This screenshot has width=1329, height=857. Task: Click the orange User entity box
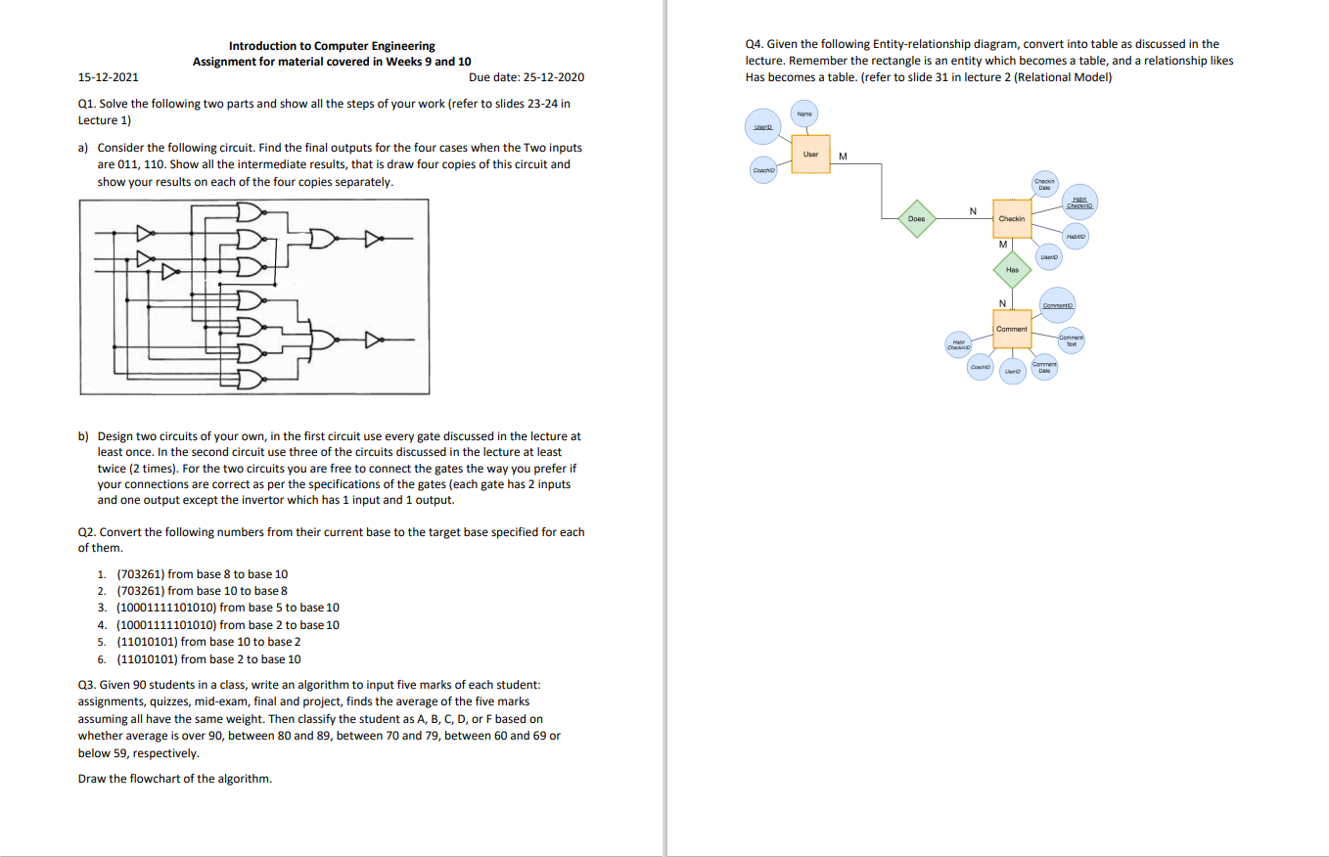[x=810, y=155]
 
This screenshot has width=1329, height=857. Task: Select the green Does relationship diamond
[x=916, y=219]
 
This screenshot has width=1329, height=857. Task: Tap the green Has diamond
[x=1012, y=269]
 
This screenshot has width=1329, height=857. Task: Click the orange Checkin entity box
[x=1011, y=219]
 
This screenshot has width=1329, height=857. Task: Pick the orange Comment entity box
[x=1012, y=329]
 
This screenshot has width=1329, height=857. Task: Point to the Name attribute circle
[x=804, y=114]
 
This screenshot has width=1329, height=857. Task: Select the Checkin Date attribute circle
[x=1044, y=184]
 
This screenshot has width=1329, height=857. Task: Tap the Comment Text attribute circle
[x=1072, y=340]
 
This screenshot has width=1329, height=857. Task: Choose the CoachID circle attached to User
[x=761, y=168]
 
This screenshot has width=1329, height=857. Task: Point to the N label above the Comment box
[x=1002, y=301]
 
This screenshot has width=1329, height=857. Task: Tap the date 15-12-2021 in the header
[x=108, y=76]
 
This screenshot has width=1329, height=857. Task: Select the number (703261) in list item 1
[x=140, y=574]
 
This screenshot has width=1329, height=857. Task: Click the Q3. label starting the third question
[x=87, y=684]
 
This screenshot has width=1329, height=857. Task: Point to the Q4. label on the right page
[x=755, y=44]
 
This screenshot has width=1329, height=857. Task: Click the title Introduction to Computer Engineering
[x=332, y=46]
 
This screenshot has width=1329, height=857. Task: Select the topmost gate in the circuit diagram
[x=250, y=213]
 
